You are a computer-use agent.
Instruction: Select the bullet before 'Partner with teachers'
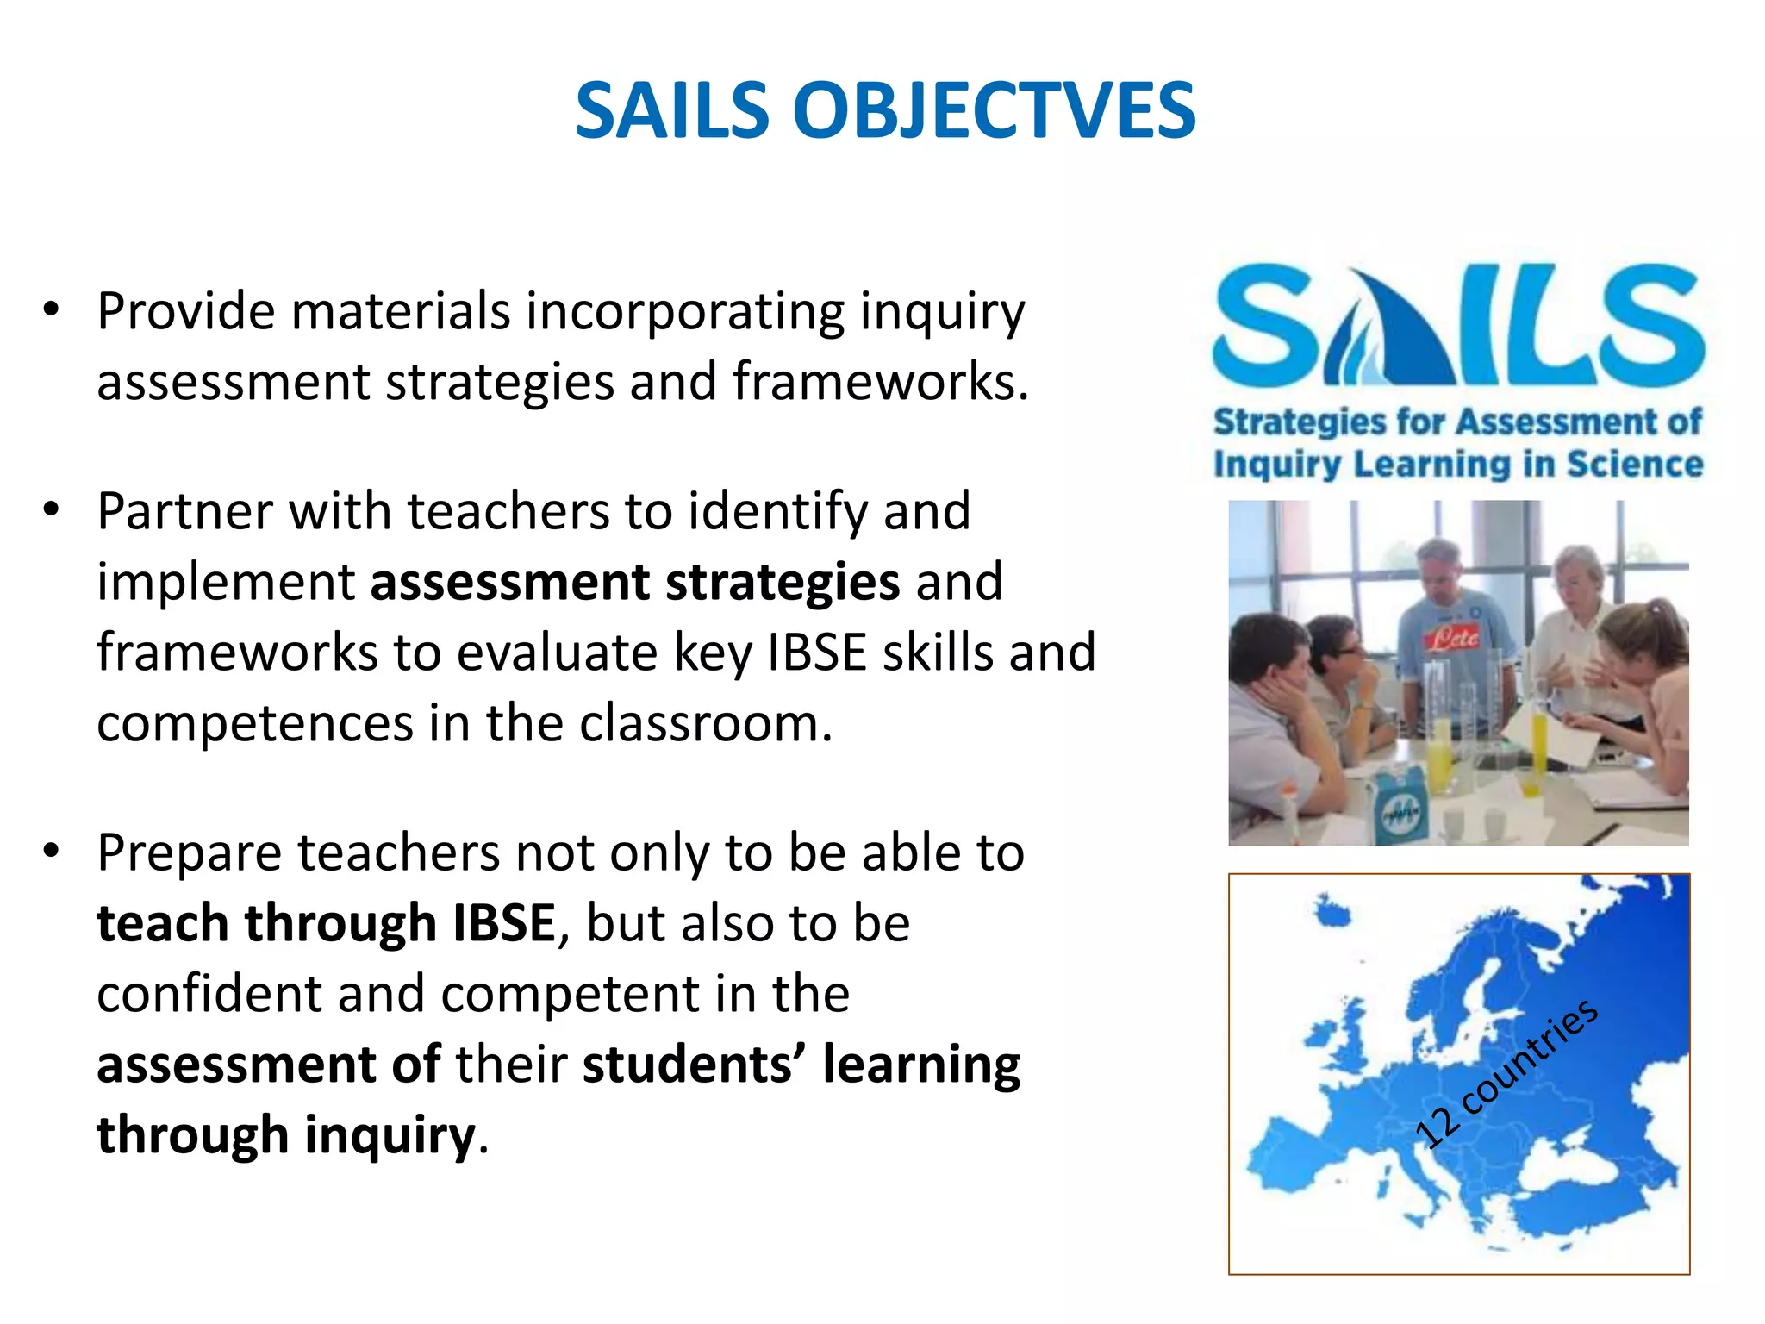pos(52,509)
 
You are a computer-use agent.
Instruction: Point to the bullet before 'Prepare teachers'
pos(52,852)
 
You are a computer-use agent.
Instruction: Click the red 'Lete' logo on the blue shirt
pos(1454,639)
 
